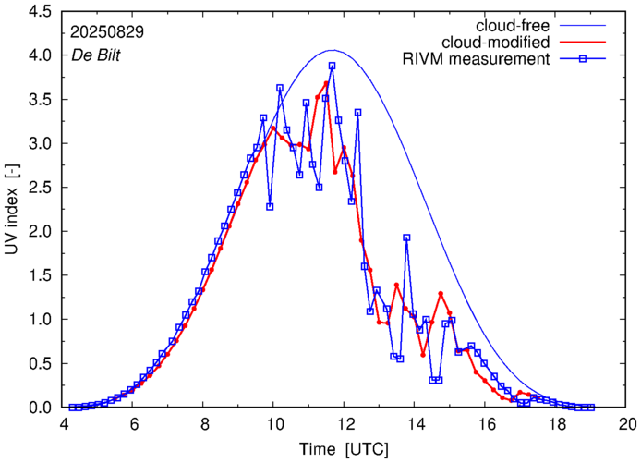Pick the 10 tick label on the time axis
pos(274,424)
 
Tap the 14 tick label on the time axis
pos(416,424)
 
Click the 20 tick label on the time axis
pos(627,424)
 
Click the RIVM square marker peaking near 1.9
pos(406,238)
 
